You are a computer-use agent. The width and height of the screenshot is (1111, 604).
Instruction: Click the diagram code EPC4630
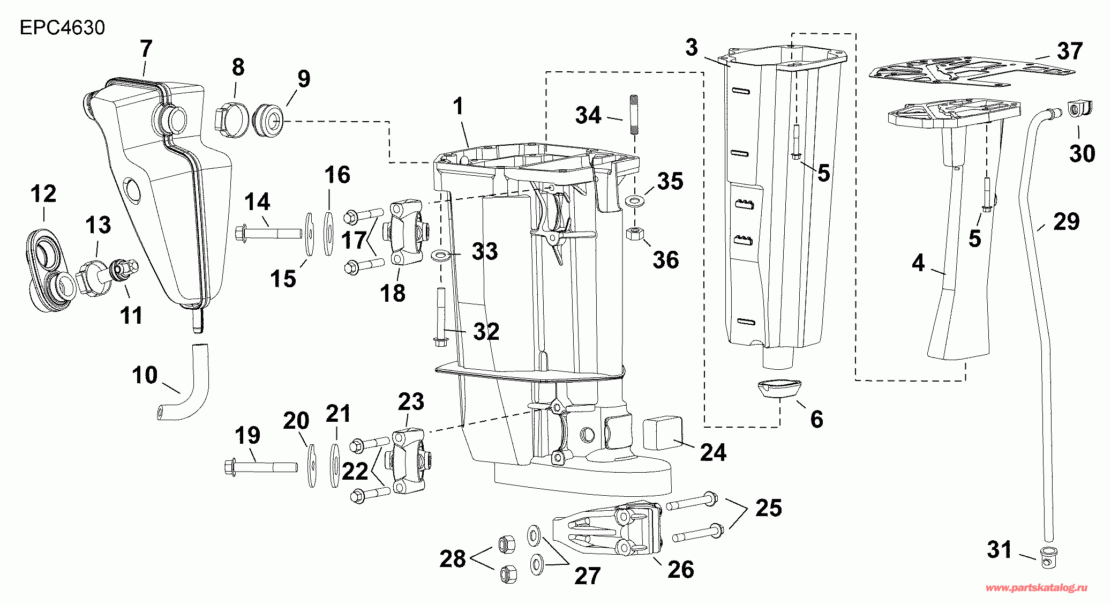click(x=62, y=27)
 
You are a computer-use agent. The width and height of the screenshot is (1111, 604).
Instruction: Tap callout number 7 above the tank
click(x=146, y=48)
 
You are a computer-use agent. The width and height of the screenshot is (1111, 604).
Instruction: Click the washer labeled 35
click(x=635, y=202)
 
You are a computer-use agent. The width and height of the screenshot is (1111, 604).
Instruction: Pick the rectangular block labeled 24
click(x=662, y=433)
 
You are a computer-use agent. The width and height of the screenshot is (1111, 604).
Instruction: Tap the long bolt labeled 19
click(x=261, y=467)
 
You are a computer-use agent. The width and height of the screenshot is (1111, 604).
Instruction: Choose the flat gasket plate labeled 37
click(x=971, y=73)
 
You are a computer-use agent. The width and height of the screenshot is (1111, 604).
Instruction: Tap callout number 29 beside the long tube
click(x=1066, y=221)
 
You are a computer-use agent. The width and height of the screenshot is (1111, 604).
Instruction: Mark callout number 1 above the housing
click(x=458, y=106)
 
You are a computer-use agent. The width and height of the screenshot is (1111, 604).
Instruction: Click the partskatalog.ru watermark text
click(x=1037, y=588)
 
